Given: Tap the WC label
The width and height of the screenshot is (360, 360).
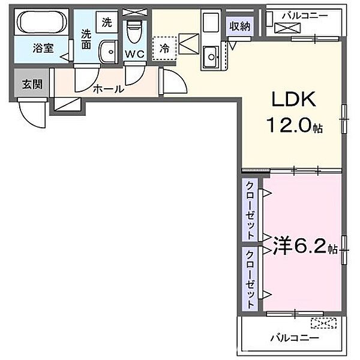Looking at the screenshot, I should click(x=134, y=55).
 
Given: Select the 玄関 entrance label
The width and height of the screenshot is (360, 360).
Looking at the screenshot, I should click(x=32, y=84).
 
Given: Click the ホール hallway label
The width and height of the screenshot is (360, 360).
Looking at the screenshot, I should click(x=108, y=89).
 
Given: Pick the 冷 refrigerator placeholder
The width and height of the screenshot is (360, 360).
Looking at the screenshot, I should click(x=163, y=47).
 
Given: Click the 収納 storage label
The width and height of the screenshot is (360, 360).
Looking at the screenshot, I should click(x=238, y=25).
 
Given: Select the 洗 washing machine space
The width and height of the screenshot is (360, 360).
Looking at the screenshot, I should click(x=106, y=23).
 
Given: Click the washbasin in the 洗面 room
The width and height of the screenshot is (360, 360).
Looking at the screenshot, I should click(x=108, y=52).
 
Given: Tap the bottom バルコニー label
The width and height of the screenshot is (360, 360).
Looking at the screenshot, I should click(x=293, y=338).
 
